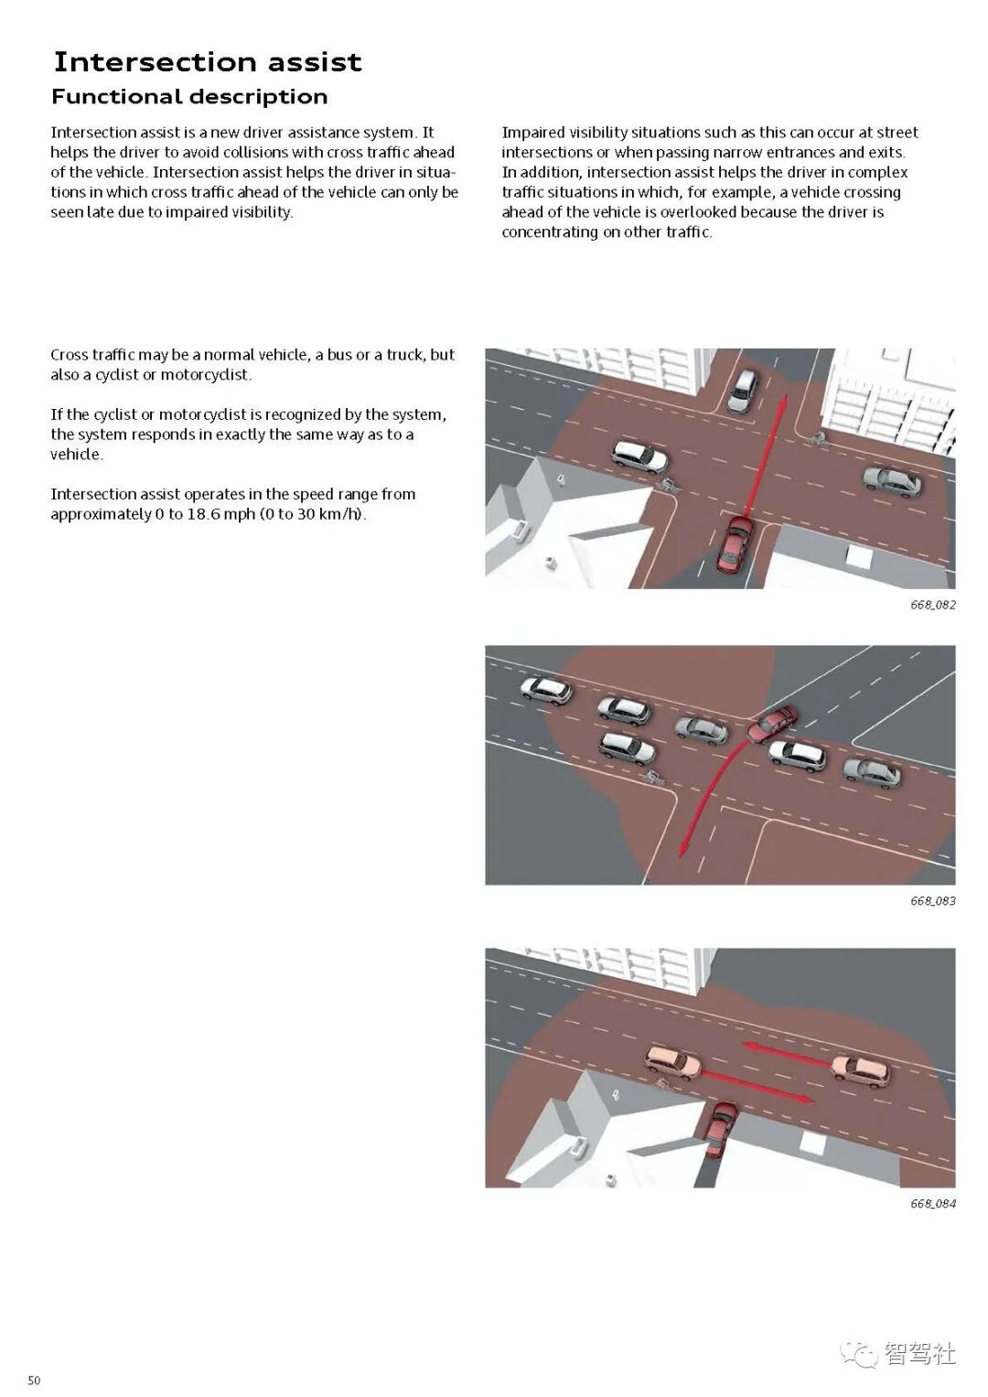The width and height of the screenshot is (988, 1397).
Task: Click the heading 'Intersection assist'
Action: (208, 62)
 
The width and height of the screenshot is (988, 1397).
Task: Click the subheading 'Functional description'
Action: (189, 97)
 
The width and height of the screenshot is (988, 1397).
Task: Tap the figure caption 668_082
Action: (932, 605)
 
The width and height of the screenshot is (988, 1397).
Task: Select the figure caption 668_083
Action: (932, 901)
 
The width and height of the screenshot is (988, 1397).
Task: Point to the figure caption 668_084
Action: (932, 1204)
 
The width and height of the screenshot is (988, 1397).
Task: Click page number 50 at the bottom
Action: (34, 1381)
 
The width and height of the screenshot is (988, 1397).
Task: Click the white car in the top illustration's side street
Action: (743, 390)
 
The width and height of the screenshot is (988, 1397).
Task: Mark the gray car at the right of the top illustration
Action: (892, 480)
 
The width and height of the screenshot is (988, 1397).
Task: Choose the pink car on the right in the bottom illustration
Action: (860, 1069)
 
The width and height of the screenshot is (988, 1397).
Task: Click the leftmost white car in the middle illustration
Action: (546, 690)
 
